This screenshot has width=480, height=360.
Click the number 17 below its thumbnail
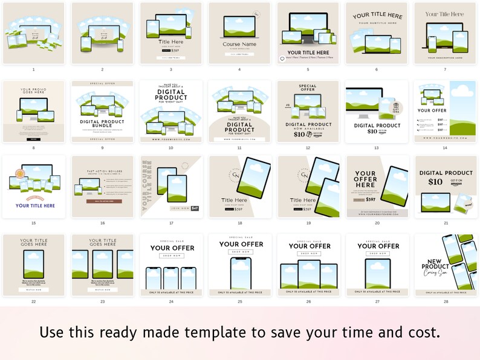171,223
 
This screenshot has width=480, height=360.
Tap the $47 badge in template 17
195,208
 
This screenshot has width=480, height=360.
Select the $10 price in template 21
435,182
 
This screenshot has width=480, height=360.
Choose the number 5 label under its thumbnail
308,69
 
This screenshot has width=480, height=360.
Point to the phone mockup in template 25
239,274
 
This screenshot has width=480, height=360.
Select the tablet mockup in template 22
33,263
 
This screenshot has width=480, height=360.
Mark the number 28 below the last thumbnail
446,301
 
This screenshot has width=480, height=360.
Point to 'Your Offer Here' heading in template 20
365,179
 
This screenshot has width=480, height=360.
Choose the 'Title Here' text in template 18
235,199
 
